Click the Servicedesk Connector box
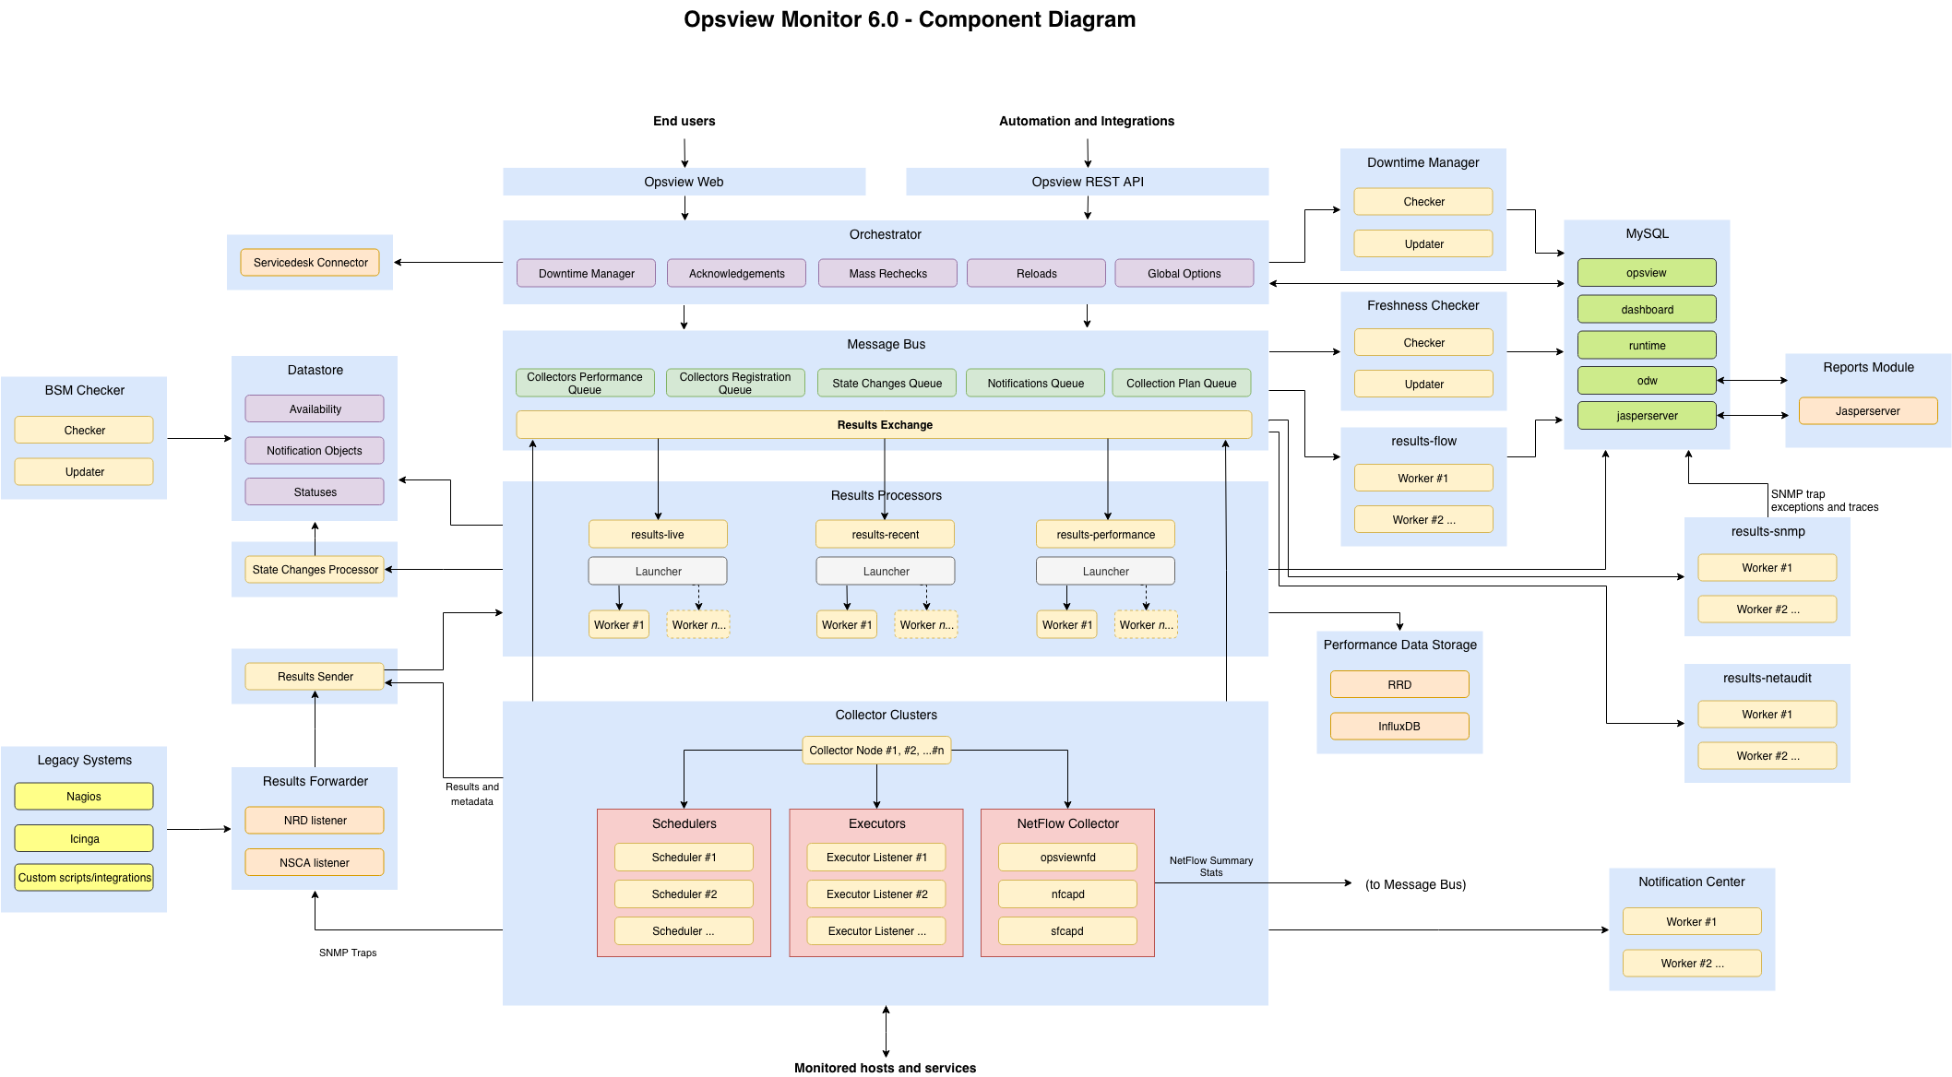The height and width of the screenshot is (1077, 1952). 310,263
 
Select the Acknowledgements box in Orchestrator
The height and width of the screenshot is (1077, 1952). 736,274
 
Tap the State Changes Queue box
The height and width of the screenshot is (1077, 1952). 887,384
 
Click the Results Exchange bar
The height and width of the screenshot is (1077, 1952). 884,425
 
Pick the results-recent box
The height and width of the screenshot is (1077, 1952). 885,535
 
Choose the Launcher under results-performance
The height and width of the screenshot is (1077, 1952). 1105,572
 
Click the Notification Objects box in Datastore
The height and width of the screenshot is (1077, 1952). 315,451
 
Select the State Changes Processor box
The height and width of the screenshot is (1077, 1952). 315,570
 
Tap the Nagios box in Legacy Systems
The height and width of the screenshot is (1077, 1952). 84,797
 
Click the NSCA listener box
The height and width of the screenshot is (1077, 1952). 315,863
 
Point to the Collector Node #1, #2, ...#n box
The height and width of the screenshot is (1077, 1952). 875,751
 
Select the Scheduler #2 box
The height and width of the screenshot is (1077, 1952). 684,894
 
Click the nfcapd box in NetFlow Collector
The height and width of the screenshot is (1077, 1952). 1067,894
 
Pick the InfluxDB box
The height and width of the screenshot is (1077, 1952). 1399,727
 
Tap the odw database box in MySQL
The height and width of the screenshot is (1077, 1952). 1647,381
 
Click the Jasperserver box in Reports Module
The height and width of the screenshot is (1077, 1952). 1867,411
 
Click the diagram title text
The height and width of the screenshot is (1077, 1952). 910,20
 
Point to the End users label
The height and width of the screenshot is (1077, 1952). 684,122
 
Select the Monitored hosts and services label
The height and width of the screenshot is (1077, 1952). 885,1068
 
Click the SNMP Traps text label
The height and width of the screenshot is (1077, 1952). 348,953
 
